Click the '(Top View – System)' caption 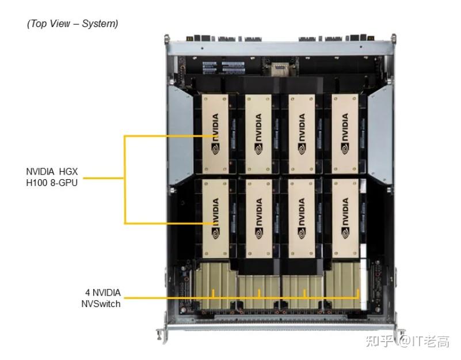(x=73, y=24)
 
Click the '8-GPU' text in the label (x=64, y=183)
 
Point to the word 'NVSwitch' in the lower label (x=101, y=304)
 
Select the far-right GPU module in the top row (x=345, y=134)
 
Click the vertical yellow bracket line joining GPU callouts (x=125, y=179)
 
